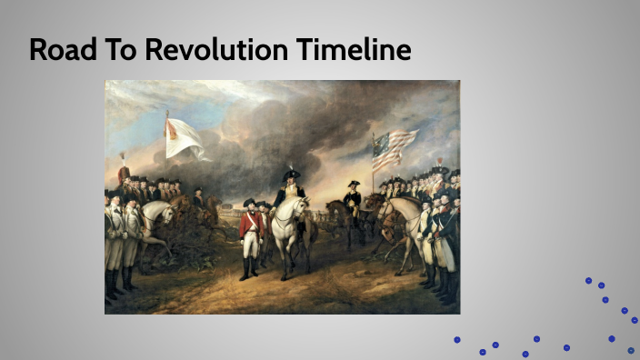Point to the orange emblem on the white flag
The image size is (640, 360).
(171, 130)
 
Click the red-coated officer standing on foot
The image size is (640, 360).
(250, 232)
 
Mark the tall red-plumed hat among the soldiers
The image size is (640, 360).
(124, 172)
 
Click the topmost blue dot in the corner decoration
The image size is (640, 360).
(588, 281)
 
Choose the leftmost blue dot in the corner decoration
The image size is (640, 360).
(457, 340)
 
